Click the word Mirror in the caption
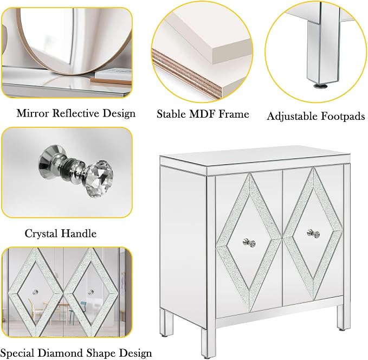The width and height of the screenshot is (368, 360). coord(33,113)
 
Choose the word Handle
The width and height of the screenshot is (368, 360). coord(79,234)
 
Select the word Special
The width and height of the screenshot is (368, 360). coord(18,353)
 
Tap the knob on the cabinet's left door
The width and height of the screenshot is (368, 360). coord(249,242)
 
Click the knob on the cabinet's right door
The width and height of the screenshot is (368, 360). coord(313,233)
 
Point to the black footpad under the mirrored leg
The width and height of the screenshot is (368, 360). coord(320,86)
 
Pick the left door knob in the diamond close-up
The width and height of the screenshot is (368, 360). coord(35,292)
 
